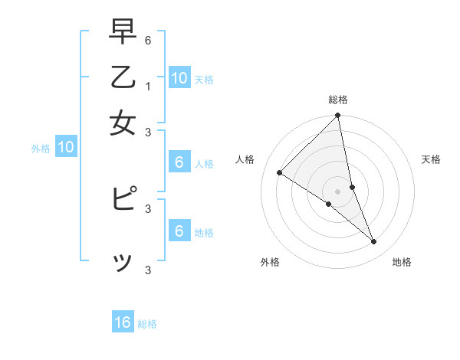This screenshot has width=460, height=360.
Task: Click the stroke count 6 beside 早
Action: [148, 39]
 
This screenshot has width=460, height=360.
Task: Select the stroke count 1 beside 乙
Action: [148, 85]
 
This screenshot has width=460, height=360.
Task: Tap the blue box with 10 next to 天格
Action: [179, 78]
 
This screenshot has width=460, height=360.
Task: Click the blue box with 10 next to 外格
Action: [66, 148]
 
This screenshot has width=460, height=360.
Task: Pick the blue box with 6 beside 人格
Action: [179, 162]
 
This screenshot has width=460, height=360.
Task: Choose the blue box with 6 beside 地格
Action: [179, 231]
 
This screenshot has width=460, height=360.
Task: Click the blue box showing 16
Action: [123, 322]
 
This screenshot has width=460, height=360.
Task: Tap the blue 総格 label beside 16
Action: [148, 324]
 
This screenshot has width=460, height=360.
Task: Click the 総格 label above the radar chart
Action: [338, 100]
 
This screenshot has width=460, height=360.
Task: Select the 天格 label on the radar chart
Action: [432, 159]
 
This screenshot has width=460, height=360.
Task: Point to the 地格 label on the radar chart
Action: [402, 263]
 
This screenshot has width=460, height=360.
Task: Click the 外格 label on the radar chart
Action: [270, 263]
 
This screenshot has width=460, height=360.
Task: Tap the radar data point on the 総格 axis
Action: [338, 116]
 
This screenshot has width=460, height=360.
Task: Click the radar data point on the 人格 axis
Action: [280, 172]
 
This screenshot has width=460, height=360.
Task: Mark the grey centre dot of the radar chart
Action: [338, 191]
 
